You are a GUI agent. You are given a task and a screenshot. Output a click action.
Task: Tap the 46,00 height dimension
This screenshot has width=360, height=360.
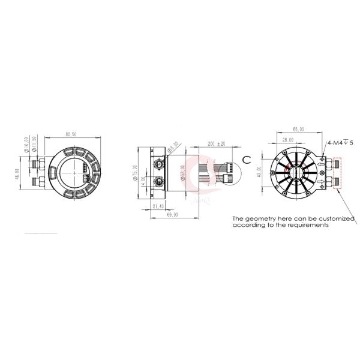[x=17, y=174]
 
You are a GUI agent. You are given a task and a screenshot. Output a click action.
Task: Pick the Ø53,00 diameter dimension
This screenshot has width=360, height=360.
[x=182, y=173]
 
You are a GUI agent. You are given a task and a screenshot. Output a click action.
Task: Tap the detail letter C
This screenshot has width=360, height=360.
[x=246, y=158]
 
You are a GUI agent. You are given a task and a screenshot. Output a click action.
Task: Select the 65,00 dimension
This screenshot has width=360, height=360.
[x=298, y=129]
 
